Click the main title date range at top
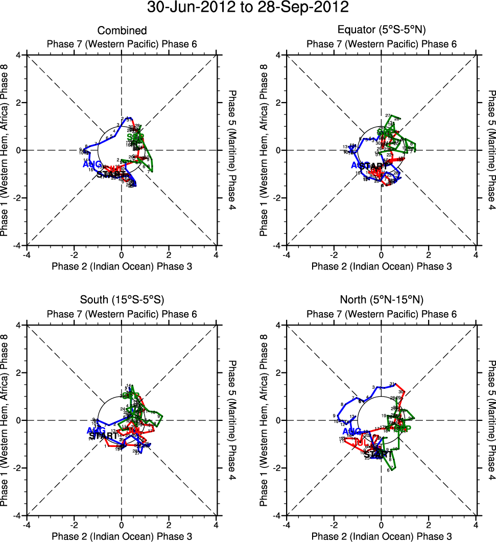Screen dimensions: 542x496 248,8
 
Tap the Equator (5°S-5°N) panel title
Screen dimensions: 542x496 382,31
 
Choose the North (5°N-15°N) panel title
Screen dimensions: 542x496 382,299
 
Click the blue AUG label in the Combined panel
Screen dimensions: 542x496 92,164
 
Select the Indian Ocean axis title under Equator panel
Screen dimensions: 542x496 382,266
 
